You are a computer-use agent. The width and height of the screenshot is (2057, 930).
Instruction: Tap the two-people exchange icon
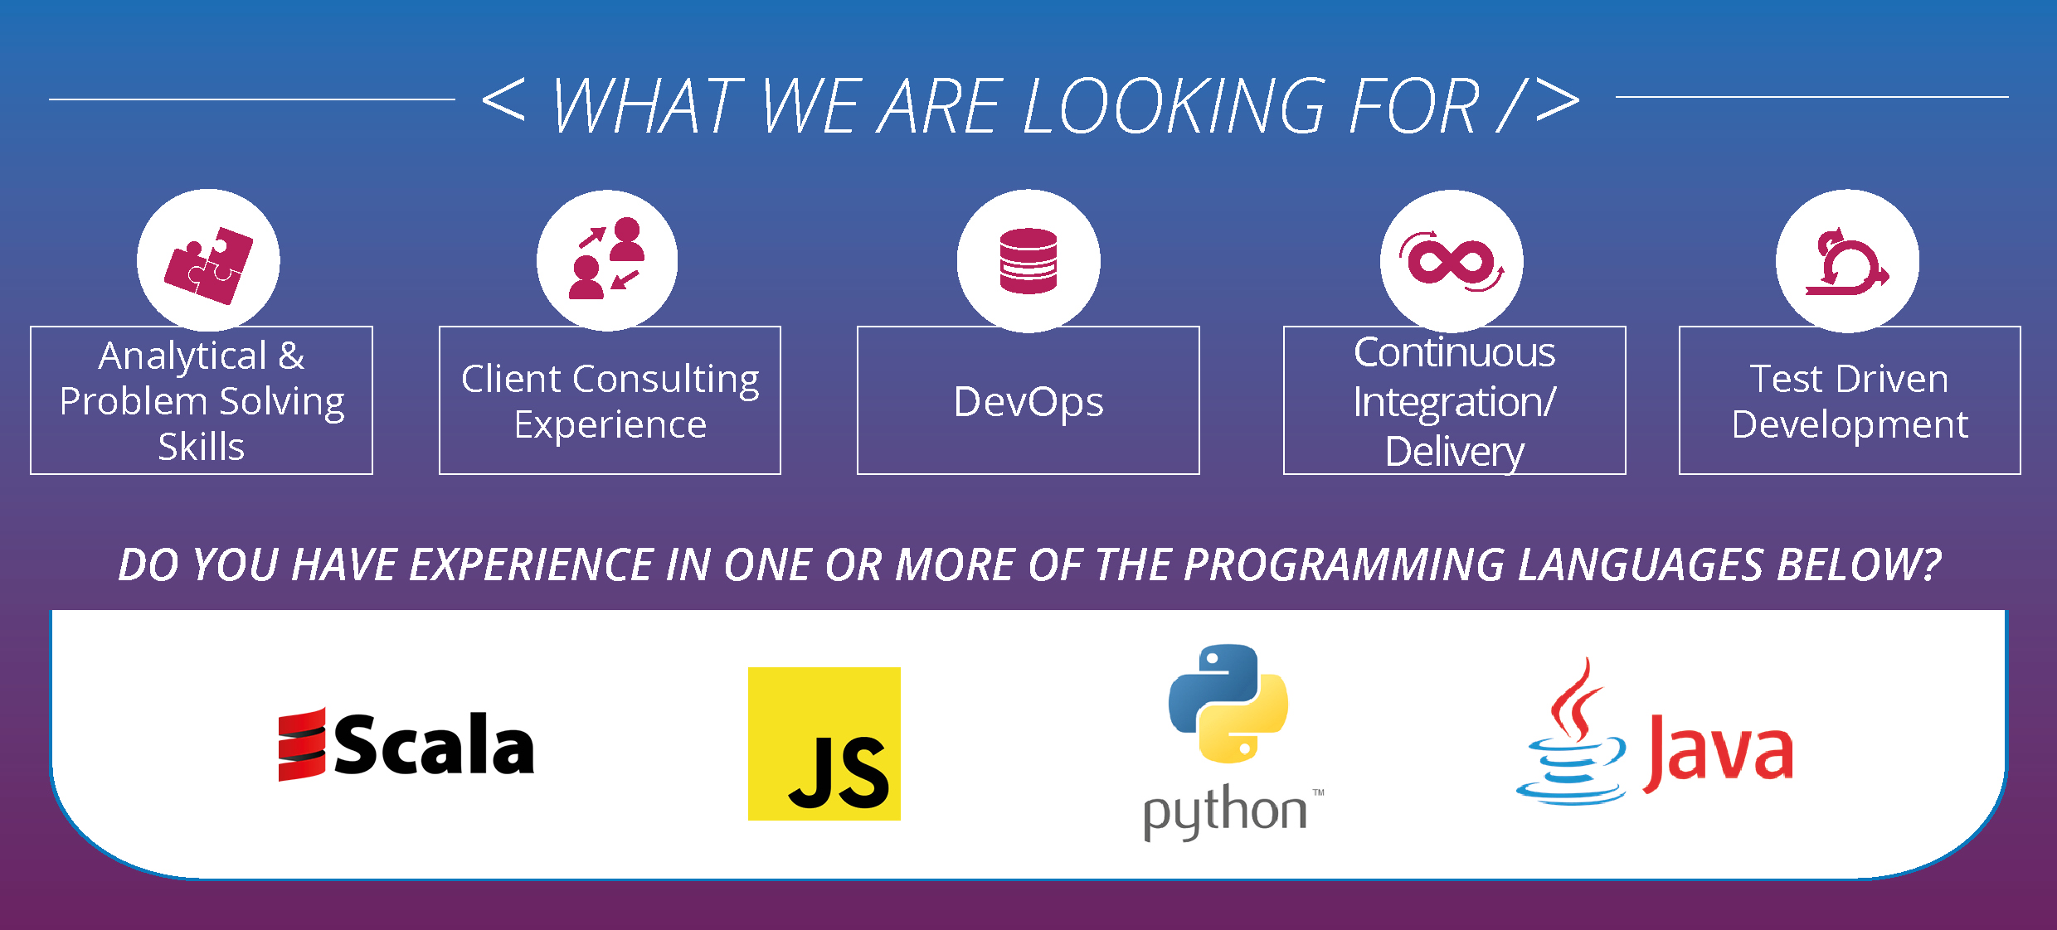(606, 258)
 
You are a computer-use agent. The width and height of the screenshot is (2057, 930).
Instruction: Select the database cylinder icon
(1028, 261)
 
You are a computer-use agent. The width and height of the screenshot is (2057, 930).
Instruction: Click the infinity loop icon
(1452, 261)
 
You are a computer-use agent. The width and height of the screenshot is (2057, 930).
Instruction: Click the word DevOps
(1028, 403)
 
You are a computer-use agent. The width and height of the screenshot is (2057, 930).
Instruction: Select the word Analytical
(183, 357)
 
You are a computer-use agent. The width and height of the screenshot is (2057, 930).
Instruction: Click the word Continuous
(1455, 353)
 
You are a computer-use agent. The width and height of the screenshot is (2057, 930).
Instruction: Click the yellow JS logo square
(824, 744)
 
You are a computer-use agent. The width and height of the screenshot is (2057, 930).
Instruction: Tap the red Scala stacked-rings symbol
(302, 744)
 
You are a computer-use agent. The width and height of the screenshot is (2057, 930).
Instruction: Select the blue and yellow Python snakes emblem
(1228, 704)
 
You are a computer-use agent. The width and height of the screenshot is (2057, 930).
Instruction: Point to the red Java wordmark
(1718, 753)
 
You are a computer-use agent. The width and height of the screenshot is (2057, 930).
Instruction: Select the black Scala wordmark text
(435, 744)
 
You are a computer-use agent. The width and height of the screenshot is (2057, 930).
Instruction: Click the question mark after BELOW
(1930, 564)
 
